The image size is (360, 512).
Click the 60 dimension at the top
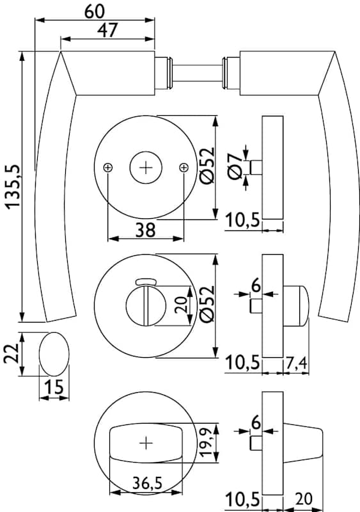coord(95,11)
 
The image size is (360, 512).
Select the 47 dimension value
coord(107,30)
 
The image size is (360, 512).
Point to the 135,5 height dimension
coord(13,186)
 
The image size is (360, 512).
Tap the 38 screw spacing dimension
coord(146,230)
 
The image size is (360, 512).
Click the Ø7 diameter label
coord(236,166)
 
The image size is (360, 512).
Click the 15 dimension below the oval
coord(54,387)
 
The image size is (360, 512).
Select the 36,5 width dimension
coord(147,483)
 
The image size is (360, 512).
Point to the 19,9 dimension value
coord(207,442)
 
